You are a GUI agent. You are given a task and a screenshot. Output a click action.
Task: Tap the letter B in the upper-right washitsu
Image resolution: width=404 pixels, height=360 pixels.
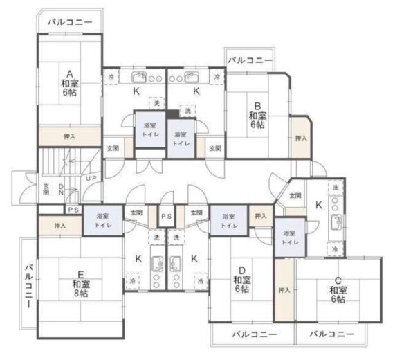tap(257, 106)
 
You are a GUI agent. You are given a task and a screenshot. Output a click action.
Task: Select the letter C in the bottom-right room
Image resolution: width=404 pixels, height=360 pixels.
tap(338, 280)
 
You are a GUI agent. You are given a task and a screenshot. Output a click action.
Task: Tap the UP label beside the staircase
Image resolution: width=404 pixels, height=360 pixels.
tap(91, 178)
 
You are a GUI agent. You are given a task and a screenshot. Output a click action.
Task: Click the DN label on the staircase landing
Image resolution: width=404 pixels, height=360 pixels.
tap(62, 190)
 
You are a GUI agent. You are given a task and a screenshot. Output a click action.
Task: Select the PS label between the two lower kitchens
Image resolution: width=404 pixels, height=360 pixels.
tap(166, 216)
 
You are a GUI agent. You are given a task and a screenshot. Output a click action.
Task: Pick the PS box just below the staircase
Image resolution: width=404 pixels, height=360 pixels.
tap(73, 210)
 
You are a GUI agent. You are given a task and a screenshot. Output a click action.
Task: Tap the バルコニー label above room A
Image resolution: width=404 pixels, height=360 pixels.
tap(70, 23)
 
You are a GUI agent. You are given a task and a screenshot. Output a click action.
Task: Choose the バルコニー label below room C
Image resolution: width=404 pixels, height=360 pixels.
tap(329, 334)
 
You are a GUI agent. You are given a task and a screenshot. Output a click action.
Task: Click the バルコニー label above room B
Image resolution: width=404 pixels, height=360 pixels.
tap(250, 60)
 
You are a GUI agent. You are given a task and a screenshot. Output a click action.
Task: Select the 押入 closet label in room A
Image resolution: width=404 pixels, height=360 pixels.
tap(69, 136)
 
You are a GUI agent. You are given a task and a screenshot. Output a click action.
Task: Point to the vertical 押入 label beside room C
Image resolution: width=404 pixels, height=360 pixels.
tap(284, 289)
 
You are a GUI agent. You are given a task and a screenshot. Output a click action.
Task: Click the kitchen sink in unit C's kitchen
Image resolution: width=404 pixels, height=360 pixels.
tap(336, 222)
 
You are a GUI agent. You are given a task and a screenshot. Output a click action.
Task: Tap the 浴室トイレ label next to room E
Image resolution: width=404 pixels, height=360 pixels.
tap(103, 221)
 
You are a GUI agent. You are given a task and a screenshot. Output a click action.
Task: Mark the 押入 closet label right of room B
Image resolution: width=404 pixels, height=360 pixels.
tap(300, 138)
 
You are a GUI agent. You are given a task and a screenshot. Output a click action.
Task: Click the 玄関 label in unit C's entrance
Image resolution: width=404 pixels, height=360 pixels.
tap(295, 195)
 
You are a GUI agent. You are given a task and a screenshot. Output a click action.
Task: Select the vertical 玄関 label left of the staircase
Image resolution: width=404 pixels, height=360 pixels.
tap(46, 190)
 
